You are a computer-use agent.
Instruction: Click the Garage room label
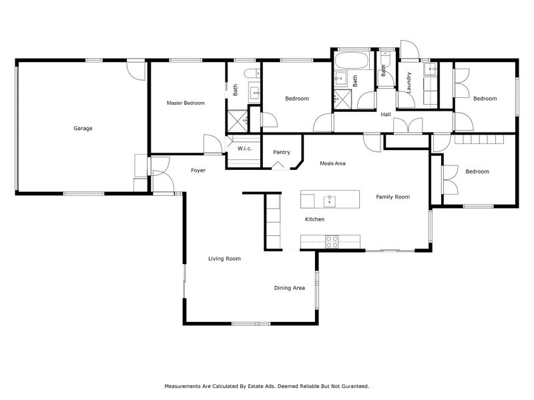(83, 128)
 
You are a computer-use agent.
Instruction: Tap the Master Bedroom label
(185, 103)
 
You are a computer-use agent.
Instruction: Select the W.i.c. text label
(244, 148)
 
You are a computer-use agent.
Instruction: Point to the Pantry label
(281, 152)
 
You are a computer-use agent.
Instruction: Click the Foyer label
(198, 171)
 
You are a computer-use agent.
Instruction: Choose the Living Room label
(224, 259)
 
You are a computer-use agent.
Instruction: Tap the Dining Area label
(289, 288)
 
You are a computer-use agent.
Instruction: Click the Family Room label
(392, 197)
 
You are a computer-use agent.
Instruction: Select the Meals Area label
(332, 163)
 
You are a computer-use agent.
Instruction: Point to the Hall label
(386, 115)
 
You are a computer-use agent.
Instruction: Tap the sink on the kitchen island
(328, 199)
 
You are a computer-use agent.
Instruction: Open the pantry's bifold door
(281, 165)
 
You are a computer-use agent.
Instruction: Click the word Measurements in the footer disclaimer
(182, 386)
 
